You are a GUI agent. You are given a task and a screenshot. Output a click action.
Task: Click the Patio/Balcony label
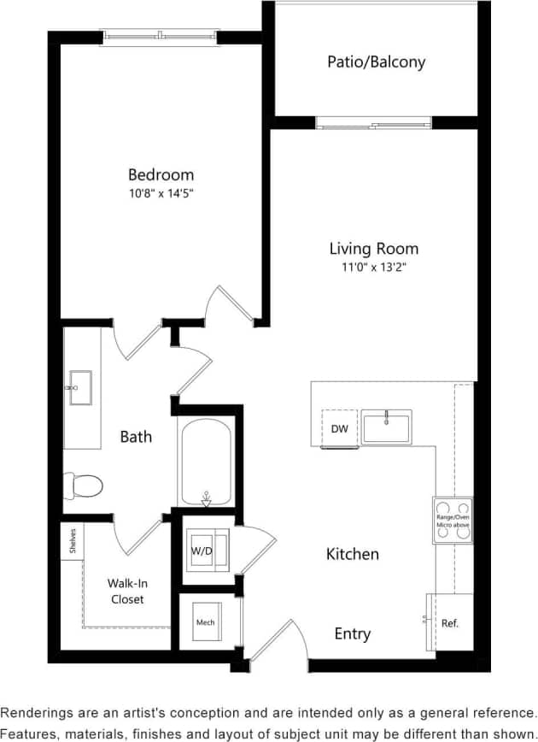point(376,62)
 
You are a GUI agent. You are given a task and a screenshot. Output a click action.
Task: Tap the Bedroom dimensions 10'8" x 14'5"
point(161,193)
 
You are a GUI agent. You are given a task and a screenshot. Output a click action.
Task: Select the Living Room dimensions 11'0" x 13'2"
point(374,267)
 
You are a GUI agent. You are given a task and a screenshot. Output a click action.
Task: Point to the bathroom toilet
point(85,486)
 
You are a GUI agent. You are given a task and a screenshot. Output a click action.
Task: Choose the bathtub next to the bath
point(205,462)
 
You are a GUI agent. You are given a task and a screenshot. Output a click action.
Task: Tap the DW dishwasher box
point(339,428)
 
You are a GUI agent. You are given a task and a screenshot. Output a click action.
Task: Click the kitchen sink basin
point(386,427)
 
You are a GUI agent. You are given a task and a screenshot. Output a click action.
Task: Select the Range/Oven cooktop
point(452,520)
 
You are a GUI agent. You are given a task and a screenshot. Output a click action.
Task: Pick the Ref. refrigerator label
point(450,623)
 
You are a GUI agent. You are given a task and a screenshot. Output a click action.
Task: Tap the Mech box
point(205,622)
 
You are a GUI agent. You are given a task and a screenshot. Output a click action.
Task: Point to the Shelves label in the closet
point(73,539)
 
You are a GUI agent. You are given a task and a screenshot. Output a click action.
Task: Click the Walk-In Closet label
point(126,591)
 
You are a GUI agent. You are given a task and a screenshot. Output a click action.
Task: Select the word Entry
point(352,633)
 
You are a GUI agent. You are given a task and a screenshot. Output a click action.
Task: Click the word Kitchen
point(352,554)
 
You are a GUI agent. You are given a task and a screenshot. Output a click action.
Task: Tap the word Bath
point(136,436)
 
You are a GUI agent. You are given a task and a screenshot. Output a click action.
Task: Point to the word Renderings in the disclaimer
point(38,711)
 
